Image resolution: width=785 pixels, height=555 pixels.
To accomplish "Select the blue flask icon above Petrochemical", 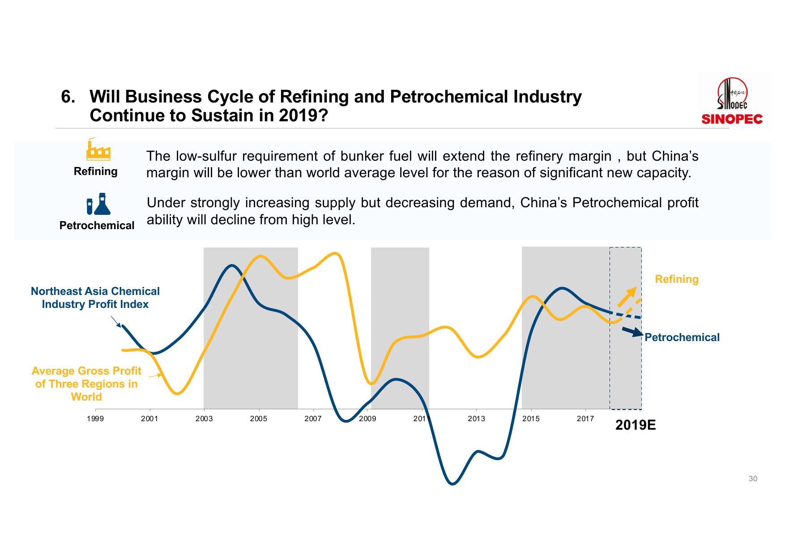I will (x=98, y=204).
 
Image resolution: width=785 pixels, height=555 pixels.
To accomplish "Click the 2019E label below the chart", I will (x=635, y=425).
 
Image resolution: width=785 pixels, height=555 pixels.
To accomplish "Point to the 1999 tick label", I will (x=95, y=419).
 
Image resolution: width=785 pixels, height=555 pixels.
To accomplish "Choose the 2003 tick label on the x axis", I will (x=204, y=419).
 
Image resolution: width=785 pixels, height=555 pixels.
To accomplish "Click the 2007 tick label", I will (x=313, y=419).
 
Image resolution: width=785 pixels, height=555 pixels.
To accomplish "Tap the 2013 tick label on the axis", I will (x=476, y=419).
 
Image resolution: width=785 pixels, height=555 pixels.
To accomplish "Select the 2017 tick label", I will (x=585, y=419).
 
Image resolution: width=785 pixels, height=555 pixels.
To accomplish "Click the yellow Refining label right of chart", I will (x=676, y=279).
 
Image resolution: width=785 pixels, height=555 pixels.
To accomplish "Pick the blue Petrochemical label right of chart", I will (x=682, y=337).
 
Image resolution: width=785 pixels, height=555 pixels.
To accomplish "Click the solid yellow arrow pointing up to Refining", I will (x=627, y=297).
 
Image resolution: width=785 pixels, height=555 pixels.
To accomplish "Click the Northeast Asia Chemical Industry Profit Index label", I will (x=95, y=298).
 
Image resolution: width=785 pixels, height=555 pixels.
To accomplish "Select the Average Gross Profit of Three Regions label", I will (x=86, y=384).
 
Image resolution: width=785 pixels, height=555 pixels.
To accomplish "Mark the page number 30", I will (x=753, y=479).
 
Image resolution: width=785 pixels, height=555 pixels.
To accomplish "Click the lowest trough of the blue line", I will (x=452, y=484).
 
